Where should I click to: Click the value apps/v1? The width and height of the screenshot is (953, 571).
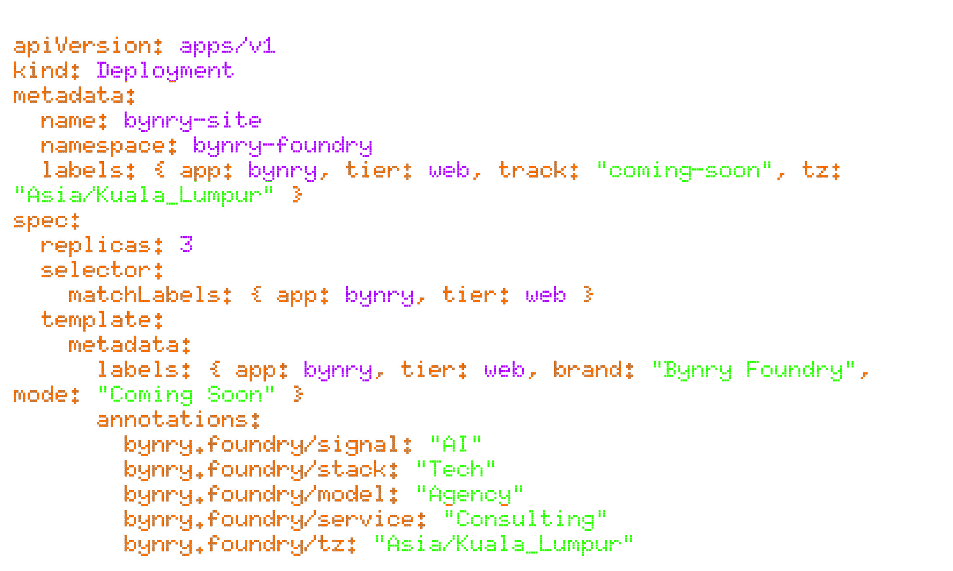click(x=227, y=46)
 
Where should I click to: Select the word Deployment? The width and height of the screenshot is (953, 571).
click(x=165, y=71)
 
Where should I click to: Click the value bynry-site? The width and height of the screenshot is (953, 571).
click(x=192, y=120)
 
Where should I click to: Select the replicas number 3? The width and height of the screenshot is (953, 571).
click(x=186, y=245)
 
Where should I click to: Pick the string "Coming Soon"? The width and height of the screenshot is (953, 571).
click(x=186, y=395)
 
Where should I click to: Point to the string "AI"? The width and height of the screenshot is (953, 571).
click(x=456, y=445)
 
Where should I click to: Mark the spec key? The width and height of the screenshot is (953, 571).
click(x=46, y=221)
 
